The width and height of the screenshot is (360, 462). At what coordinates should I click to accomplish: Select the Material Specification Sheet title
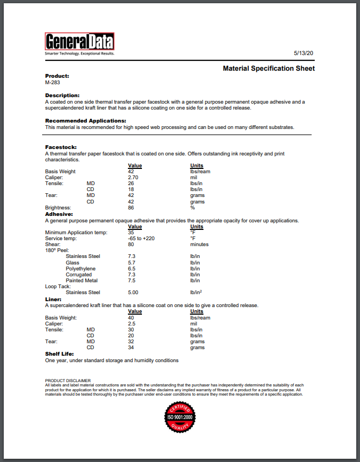tap(269, 69)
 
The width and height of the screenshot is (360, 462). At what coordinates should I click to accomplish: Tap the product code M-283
tap(52, 83)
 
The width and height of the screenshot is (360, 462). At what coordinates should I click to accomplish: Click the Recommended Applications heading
tap(85, 121)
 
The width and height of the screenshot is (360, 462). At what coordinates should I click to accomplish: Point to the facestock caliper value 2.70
tap(134, 178)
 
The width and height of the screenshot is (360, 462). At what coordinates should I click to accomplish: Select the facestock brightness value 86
tap(131, 208)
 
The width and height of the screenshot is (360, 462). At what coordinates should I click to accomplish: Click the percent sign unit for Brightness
tap(192, 208)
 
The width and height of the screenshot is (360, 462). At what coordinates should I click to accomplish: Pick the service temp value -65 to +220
tap(141, 238)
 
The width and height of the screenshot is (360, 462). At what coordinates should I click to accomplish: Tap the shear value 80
tap(131, 244)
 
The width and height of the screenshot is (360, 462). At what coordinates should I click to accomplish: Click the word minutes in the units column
tap(200, 244)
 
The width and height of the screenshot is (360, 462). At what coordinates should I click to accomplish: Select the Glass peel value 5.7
tap(132, 262)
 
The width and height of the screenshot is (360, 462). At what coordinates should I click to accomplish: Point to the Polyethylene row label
tap(80, 268)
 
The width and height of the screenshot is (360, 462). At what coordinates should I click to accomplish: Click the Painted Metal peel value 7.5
tap(132, 281)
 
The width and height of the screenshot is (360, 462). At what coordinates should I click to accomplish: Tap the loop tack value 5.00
tap(133, 293)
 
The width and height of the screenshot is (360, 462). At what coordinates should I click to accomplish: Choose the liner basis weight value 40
tap(131, 318)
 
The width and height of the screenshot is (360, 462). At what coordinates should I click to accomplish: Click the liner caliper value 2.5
tap(132, 324)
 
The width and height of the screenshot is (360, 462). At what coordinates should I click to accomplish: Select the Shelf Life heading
tap(59, 354)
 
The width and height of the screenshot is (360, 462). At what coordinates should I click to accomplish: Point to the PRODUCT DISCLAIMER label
tap(67, 381)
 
